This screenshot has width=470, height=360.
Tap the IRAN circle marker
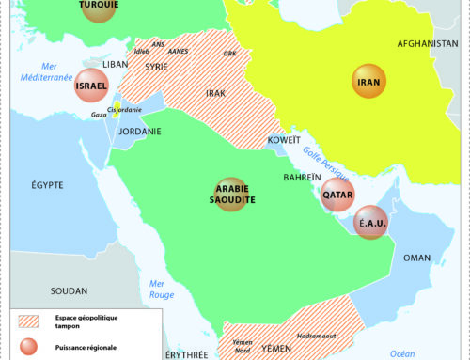coord(368,82)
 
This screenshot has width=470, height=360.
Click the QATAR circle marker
coord(337,196)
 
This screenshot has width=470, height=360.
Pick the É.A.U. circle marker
coord(369,224)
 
